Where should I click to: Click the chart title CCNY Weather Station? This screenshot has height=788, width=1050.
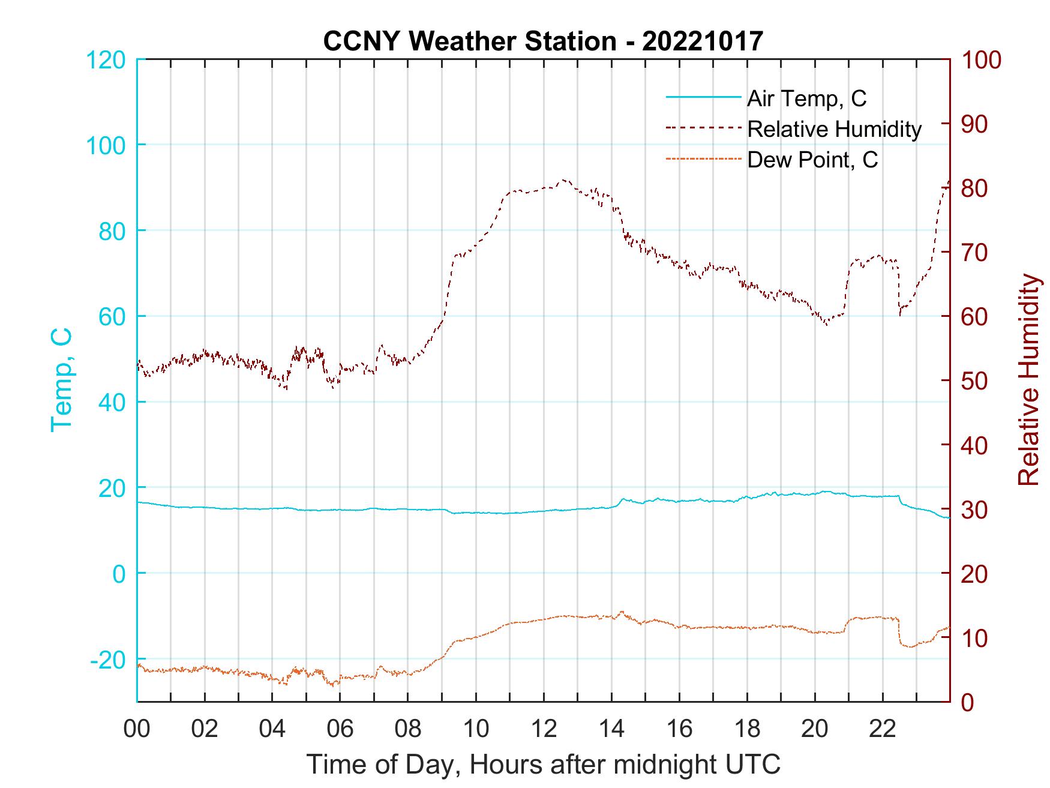(x=543, y=41)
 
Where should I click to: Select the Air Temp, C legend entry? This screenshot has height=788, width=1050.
(x=806, y=98)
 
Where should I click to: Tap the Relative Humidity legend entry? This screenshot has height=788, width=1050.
(x=834, y=129)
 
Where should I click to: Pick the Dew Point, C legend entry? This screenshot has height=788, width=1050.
(x=812, y=160)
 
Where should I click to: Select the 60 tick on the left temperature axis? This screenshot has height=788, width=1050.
(x=112, y=316)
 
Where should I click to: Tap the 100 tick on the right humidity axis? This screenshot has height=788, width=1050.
(x=981, y=59)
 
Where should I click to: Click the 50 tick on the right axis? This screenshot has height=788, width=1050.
(x=974, y=380)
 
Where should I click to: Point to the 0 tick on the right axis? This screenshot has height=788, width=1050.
(x=967, y=702)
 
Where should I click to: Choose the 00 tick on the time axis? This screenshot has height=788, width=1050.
(x=137, y=729)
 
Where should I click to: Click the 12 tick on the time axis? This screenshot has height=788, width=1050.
(x=544, y=729)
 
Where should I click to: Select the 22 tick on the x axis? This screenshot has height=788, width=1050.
(x=883, y=729)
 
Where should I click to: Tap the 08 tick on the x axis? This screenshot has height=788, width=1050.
(x=409, y=729)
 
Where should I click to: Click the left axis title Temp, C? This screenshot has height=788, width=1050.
(x=61, y=380)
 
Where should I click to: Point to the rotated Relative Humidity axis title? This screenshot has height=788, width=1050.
(x=1028, y=380)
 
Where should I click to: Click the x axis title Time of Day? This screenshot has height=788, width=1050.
(x=544, y=765)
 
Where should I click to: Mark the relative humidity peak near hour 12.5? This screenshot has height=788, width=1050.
(x=563, y=179)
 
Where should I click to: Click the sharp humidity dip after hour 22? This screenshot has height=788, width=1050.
(x=900, y=313)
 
